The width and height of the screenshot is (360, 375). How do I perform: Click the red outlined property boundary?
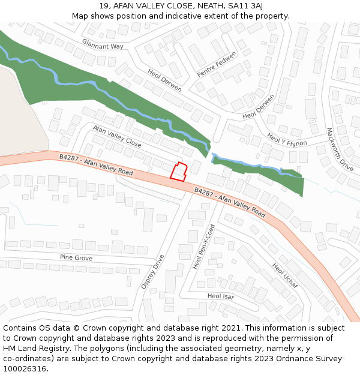tap(179, 171)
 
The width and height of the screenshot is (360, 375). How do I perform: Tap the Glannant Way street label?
tap(104, 43)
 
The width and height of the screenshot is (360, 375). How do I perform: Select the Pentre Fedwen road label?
tap(217, 64)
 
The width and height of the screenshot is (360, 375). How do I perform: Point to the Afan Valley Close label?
tap(117, 137)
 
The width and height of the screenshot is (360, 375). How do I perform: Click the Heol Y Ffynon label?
tap(287, 139)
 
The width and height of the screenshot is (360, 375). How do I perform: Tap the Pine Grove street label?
tap(76, 257)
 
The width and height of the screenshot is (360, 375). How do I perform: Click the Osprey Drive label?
tap(152, 272)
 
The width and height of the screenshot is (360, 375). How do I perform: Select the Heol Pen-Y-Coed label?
tap(203, 247)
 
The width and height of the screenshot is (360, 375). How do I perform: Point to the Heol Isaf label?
tap(221, 296)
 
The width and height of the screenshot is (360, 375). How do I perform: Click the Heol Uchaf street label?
tap(285, 275)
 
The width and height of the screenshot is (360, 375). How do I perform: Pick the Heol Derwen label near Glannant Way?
tap(164, 80)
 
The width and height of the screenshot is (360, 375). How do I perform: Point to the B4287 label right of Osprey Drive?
tap(230, 202)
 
